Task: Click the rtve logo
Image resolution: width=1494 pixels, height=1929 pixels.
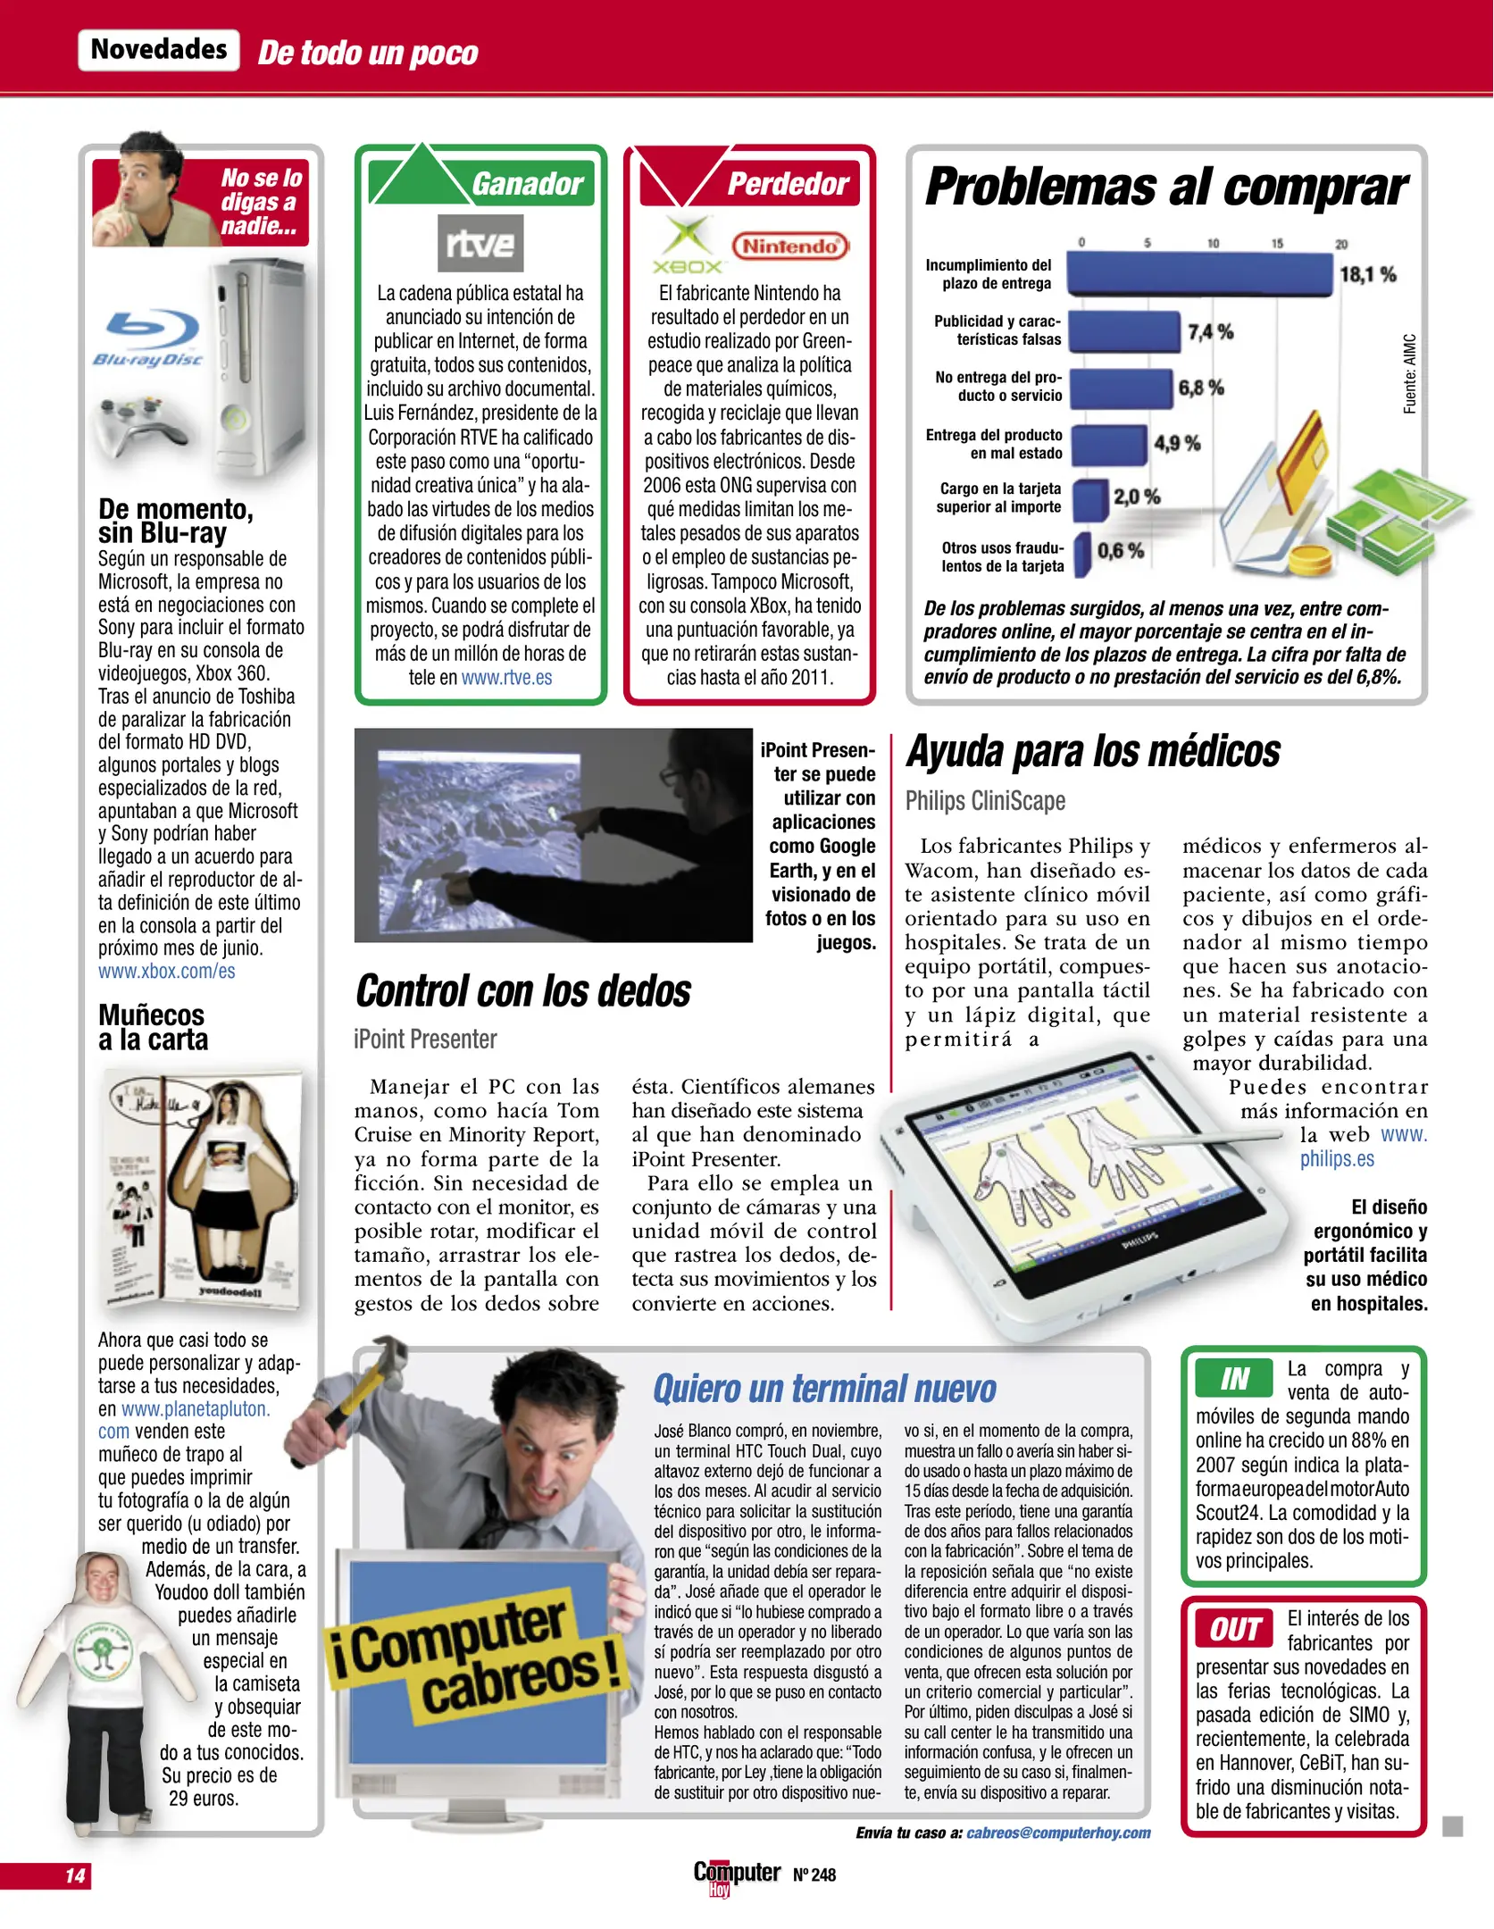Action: pyautogui.click(x=480, y=243)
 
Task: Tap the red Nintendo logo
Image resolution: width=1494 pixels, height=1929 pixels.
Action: pyautogui.click(x=789, y=246)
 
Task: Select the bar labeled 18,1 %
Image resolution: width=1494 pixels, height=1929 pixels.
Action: pyautogui.click(x=1198, y=274)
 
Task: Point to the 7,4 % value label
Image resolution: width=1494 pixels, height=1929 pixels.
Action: pyautogui.click(x=1210, y=331)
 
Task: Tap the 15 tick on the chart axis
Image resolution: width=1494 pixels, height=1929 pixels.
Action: pyautogui.click(x=1277, y=243)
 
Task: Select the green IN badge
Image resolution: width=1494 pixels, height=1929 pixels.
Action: pyautogui.click(x=1234, y=1379)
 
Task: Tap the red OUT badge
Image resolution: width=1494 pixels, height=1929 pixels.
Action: pyautogui.click(x=1235, y=1629)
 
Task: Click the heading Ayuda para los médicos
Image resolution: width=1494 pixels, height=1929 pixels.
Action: pyautogui.click(x=1093, y=751)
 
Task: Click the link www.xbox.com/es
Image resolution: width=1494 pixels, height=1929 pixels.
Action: pyautogui.click(x=167, y=971)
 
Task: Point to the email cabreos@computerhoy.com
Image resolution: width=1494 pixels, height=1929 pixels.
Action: pyautogui.click(x=1058, y=1833)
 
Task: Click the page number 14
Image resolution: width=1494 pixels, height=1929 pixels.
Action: pyautogui.click(x=75, y=1875)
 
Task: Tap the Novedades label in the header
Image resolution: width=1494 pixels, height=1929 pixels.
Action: pyautogui.click(x=159, y=49)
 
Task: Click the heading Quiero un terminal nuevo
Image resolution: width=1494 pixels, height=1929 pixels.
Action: pyautogui.click(x=823, y=1390)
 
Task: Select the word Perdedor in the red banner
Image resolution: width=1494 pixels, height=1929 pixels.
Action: pyautogui.click(x=788, y=184)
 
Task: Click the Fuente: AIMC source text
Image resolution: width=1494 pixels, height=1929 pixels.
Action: pyautogui.click(x=1410, y=374)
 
